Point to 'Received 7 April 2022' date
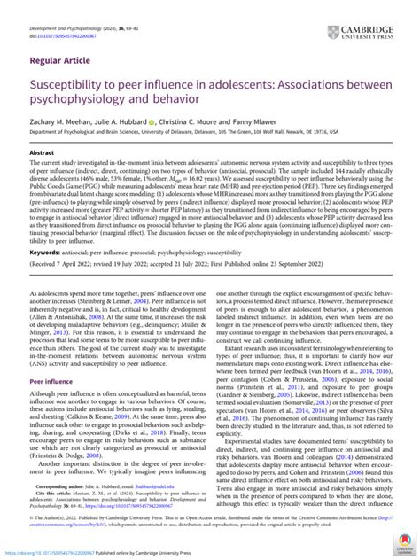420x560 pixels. [x=59, y=290]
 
